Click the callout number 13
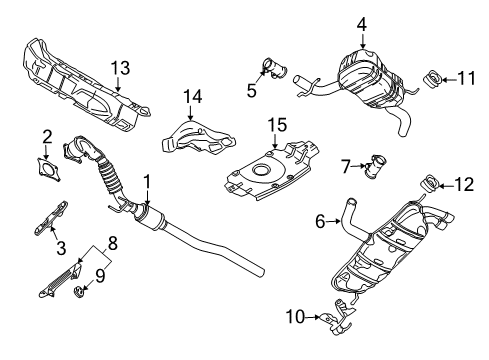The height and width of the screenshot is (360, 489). [x=120, y=68]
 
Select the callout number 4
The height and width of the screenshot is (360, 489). [x=362, y=24]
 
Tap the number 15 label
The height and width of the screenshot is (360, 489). [x=277, y=125]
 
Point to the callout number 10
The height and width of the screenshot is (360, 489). [x=295, y=317]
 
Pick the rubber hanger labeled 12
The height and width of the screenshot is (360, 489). [x=431, y=184]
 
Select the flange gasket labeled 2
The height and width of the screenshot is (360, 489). [x=49, y=169]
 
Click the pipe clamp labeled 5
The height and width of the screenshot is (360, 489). [x=275, y=68]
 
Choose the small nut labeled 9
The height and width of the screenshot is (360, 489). [x=79, y=292]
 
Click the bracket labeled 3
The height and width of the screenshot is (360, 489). [x=52, y=218]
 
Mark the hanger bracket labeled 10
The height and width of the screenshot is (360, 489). [x=338, y=317]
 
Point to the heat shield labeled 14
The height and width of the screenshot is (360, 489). [x=199, y=137]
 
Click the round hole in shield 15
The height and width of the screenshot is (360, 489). [x=259, y=170]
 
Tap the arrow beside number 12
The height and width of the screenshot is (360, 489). [x=447, y=186]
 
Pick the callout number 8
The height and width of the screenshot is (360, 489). [x=113, y=243]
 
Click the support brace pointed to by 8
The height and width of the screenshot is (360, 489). [x=60, y=280]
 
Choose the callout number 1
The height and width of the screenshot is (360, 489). [x=147, y=182]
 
